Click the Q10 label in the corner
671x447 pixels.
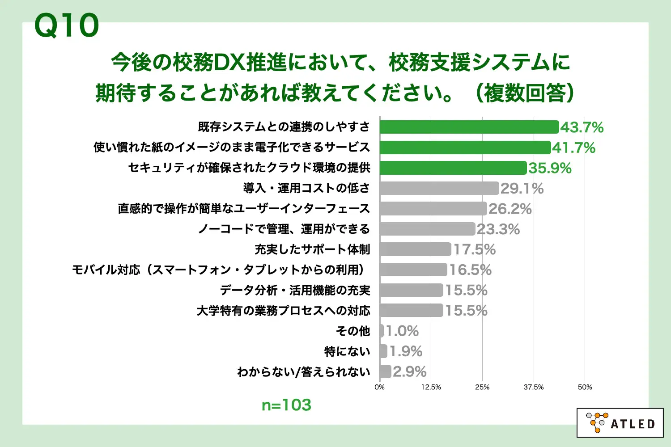point(66,25)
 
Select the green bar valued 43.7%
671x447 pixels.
point(469,127)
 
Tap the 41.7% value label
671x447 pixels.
point(573,148)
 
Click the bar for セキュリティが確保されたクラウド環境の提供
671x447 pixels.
point(453,168)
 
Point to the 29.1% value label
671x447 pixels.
point(522,188)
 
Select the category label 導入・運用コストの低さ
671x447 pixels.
point(306,188)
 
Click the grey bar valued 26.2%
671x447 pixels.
point(433,208)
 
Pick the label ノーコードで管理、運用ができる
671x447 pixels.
point(284,229)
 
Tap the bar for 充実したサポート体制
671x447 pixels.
point(415,249)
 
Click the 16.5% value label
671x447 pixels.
point(470,270)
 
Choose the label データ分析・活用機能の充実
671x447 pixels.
point(295,290)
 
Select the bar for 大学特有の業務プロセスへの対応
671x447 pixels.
point(411,310)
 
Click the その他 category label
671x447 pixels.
point(353,331)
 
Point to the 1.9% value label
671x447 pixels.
point(406,351)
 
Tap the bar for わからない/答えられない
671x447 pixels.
point(385,371)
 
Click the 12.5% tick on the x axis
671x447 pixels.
point(431,387)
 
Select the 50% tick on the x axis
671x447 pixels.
point(585,387)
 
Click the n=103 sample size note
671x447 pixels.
point(286,405)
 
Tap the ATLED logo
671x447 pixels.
point(620,422)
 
